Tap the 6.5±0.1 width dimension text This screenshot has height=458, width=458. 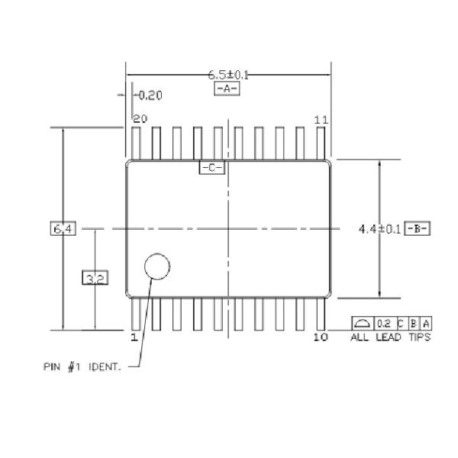[x=229, y=75]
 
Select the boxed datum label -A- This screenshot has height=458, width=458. [x=227, y=89]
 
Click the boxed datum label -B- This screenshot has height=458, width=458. [x=418, y=228]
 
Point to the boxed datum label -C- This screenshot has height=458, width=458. [x=211, y=167]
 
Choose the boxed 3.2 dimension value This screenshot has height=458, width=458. [x=95, y=279]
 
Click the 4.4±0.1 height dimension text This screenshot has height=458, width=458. [x=379, y=228]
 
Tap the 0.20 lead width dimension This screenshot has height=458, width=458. [x=150, y=95]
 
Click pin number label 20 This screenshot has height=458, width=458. [x=140, y=119]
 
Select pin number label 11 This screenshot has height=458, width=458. [x=321, y=119]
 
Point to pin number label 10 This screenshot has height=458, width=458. [x=321, y=337]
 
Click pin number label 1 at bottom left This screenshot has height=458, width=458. [x=134, y=337]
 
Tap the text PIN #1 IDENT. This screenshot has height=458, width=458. [x=82, y=366]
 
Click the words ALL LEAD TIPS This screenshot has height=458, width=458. [x=390, y=337]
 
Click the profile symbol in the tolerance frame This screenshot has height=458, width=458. [x=363, y=323]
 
